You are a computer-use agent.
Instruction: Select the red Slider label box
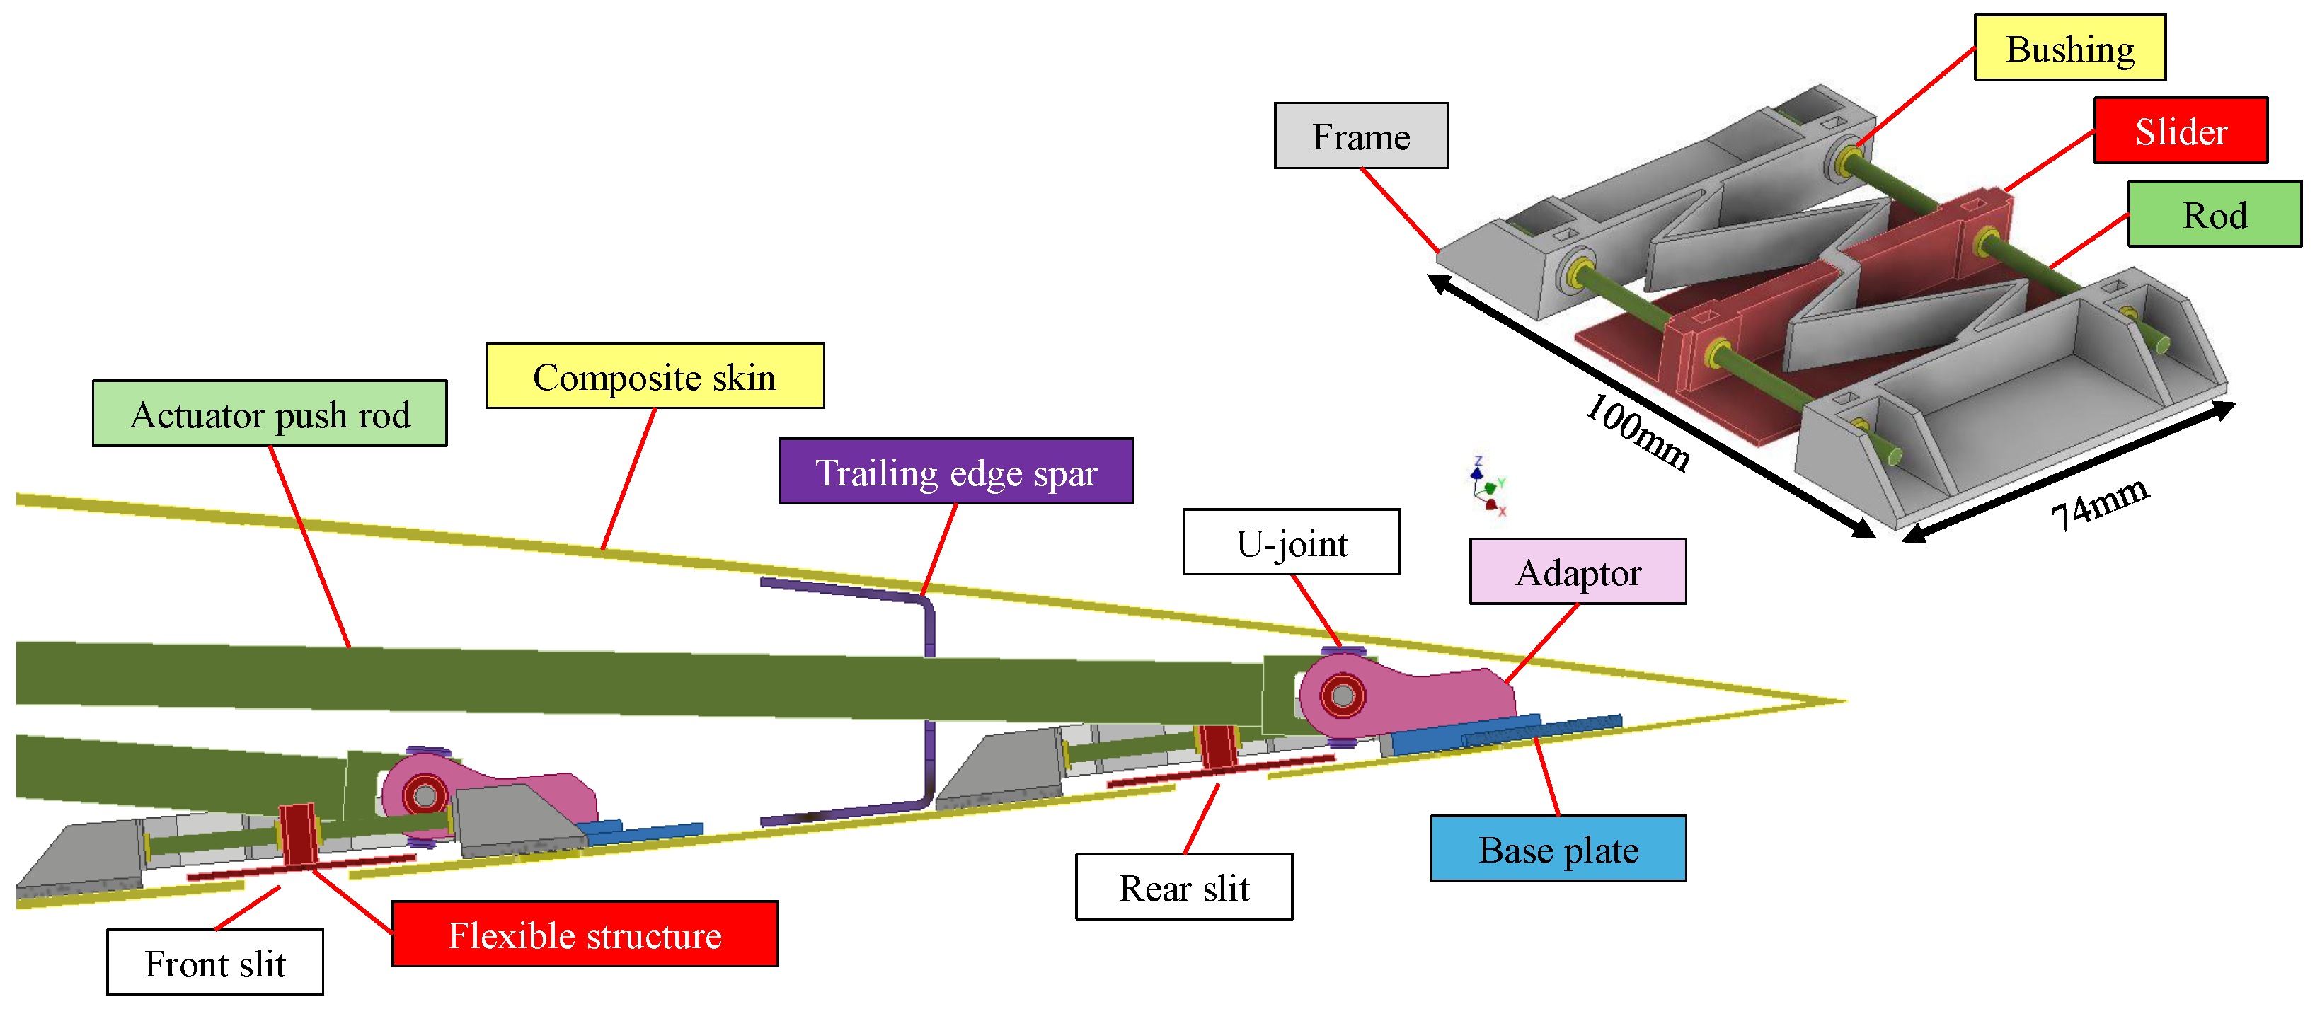click(2181, 130)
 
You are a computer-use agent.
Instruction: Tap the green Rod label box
click(2215, 214)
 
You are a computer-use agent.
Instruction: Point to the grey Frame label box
click(1360, 136)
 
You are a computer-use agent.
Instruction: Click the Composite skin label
click(654, 376)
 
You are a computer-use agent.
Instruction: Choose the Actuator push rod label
click(270, 413)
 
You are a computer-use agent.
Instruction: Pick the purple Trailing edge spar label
click(955, 472)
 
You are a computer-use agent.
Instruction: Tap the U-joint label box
click(1292, 542)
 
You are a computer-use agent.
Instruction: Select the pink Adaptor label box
click(1577, 572)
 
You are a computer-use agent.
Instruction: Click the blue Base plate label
click(1558, 848)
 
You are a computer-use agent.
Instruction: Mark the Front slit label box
click(214, 962)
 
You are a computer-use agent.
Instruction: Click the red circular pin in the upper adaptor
click(1343, 696)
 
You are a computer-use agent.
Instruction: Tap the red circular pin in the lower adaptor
click(425, 795)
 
